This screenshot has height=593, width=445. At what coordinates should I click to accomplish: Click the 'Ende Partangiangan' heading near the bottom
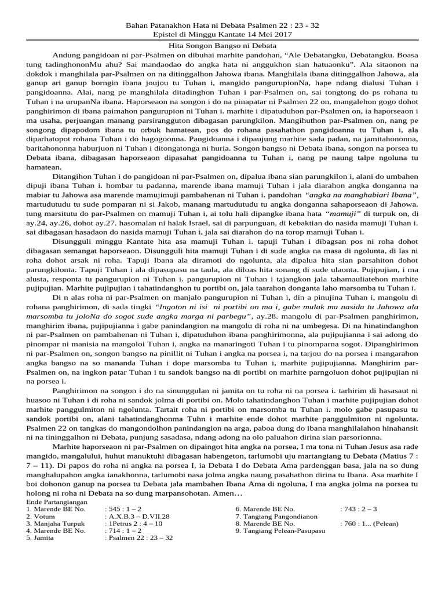point(57,501)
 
